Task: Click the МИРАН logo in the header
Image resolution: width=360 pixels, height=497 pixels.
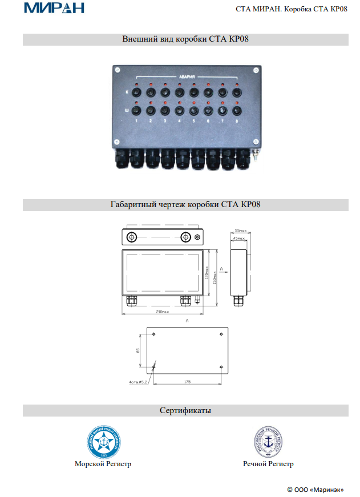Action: (x=54, y=8)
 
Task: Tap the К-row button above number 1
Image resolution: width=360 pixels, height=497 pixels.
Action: (x=136, y=92)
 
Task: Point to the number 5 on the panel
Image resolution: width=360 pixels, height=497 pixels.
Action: (x=193, y=121)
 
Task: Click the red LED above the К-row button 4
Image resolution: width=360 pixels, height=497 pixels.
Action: (x=179, y=85)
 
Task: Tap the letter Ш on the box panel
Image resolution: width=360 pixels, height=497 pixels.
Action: (x=127, y=110)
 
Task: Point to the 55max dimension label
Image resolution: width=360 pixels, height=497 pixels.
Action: (x=239, y=230)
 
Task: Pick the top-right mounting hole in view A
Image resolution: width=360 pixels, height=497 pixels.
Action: (x=221, y=334)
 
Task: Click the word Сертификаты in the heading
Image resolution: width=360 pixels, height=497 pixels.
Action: (x=185, y=410)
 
